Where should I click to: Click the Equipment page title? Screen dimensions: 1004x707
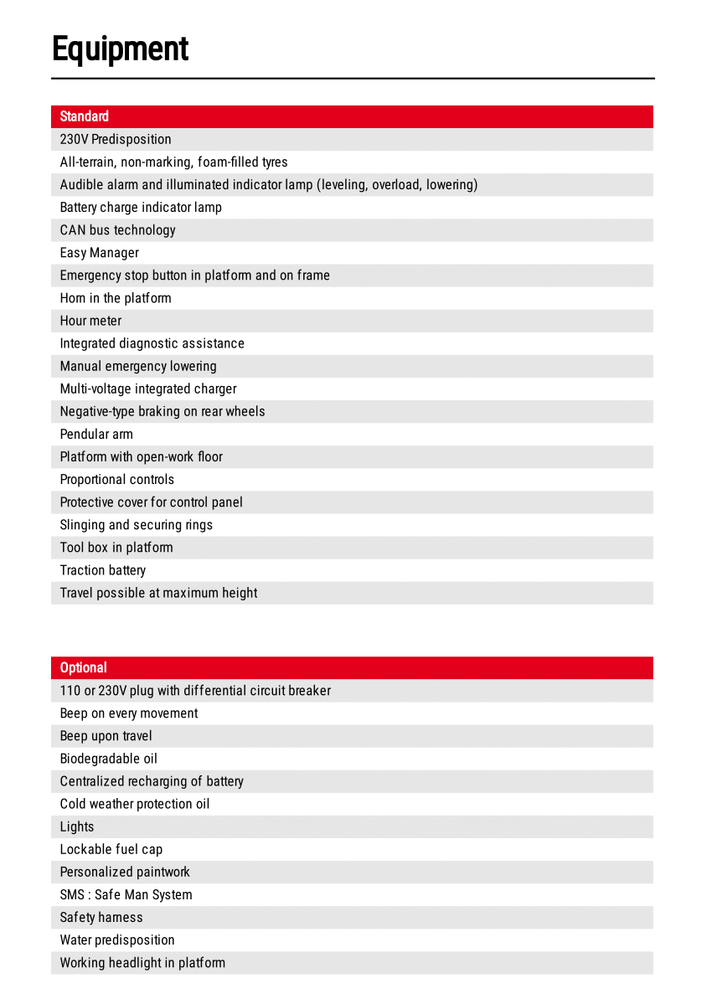[x=121, y=49]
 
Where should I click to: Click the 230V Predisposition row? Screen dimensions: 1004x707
[x=116, y=139]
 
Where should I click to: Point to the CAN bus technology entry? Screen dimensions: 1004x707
[x=118, y=229]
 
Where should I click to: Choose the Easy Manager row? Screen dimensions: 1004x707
[x=100, y=252]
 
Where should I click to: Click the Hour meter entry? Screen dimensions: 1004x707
[x=90, y=321]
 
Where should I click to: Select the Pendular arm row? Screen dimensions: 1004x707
[x=96, y=434]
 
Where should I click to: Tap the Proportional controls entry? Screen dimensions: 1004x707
[x=117, y=479]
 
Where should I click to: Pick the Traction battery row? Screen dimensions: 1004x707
[x=103, y=570]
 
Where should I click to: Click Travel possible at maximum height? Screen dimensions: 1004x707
[x=158, y=593]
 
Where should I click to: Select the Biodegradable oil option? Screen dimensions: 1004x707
[x=109, y=759]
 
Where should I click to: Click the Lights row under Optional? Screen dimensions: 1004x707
[x=77, y=826]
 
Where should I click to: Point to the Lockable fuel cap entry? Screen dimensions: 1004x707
[x=111, y=849]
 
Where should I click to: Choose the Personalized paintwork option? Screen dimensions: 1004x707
[x=125, y=872]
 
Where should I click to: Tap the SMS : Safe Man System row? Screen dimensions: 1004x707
[x=126, y=894]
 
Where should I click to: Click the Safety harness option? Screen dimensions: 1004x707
[x=101, y=917]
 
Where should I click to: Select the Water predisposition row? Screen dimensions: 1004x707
[x=117, y=940]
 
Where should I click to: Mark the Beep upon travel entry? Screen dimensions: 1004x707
[x=106, y=736]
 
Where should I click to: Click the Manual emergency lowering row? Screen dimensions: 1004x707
[x=138, y=366]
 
